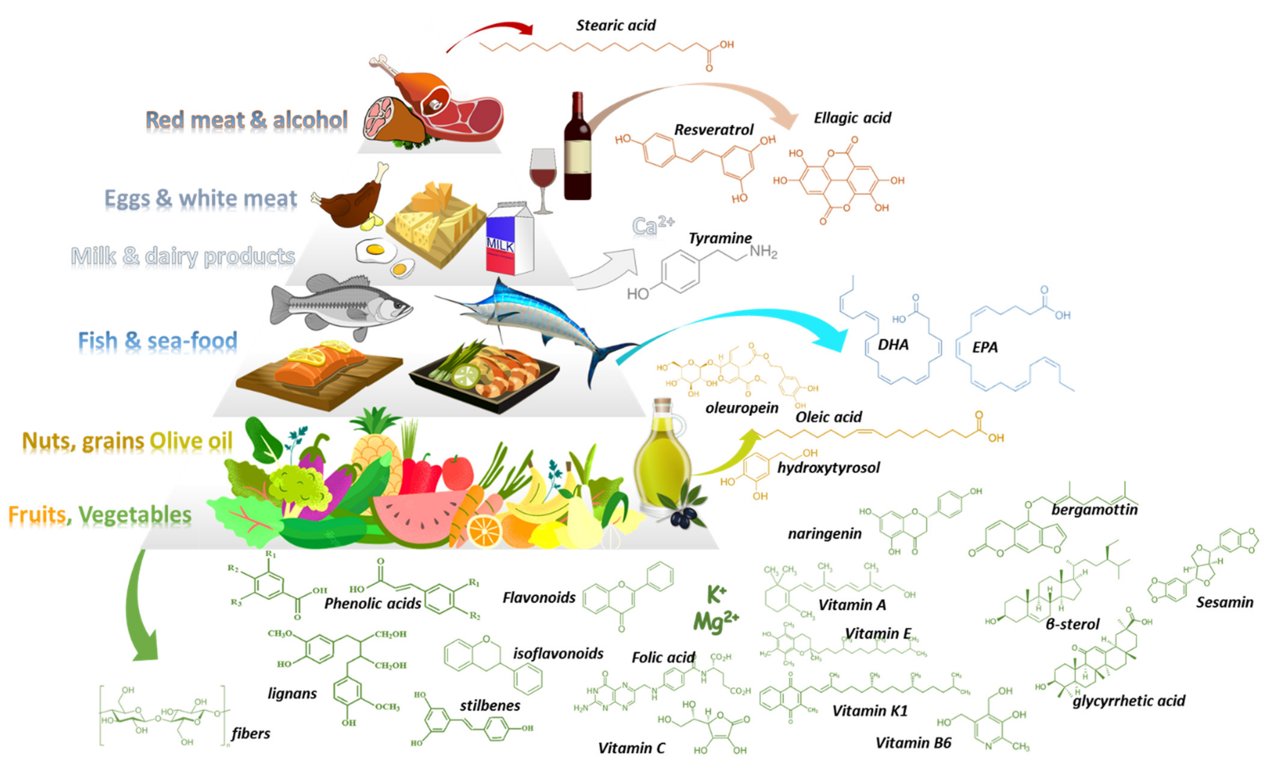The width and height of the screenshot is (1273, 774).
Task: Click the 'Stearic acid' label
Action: point(615,25)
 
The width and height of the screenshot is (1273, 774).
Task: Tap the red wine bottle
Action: point(577,150)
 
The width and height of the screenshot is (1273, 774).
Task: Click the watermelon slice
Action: point(418,517)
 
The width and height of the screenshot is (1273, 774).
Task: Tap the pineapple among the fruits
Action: point(374,450)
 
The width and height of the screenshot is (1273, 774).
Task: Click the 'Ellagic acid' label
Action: point(853,118)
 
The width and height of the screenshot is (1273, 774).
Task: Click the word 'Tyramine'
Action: point(720,238)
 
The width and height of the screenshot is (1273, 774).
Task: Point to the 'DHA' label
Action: point(893,345)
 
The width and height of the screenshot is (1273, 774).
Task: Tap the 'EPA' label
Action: point(985,347)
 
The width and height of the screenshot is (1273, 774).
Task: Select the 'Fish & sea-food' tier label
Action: point(158,341)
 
